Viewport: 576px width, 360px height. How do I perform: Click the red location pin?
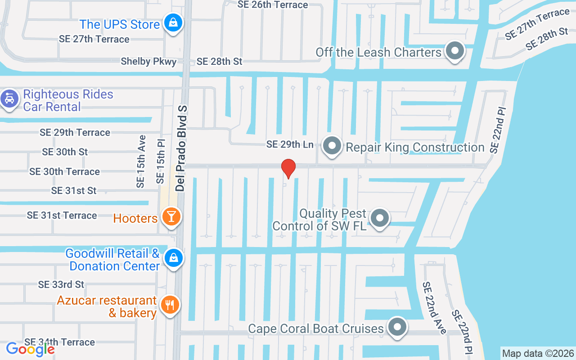pos(288,169)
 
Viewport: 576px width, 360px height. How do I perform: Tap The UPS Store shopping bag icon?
pos(172,23)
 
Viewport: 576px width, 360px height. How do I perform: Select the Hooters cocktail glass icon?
pos(171,216)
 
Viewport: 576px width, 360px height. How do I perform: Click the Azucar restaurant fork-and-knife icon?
pos(170,305)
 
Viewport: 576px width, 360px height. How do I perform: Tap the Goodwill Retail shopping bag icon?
pos(173,258)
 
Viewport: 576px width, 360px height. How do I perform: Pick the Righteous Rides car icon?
pos(9,98)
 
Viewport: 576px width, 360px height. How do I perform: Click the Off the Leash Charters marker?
pos(454,51)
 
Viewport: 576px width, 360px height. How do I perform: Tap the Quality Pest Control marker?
pos(380,218)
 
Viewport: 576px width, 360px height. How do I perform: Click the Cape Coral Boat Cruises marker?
pos(397,327)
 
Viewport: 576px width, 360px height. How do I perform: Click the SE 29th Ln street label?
pos(290,144)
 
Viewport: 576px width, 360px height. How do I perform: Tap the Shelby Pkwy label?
pos(148,62)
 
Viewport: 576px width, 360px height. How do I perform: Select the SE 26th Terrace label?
pos(273,5)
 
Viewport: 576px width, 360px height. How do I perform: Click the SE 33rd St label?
pos(61,284)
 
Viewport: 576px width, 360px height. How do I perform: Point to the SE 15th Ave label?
pos(141,161)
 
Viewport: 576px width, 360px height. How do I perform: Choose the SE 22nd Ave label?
pos(434,308)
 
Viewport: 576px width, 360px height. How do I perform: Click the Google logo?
pos(30,349)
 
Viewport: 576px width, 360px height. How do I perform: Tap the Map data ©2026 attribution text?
pos(538,353)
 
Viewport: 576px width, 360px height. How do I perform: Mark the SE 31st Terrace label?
pos(62,216)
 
